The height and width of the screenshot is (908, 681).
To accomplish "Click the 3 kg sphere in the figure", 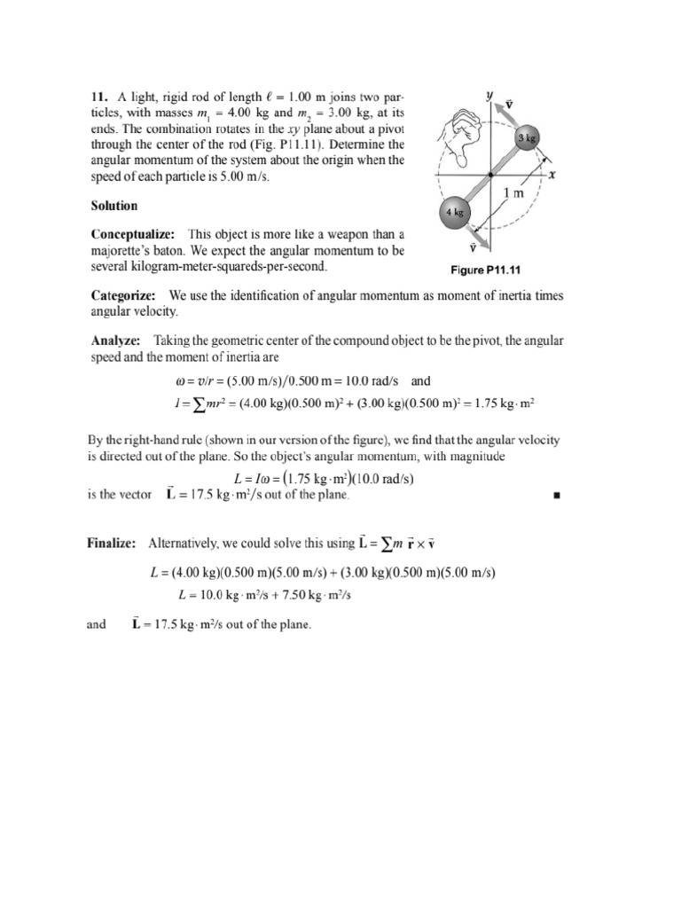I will pos(528,138).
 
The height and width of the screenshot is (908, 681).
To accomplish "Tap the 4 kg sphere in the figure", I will pos(456,213).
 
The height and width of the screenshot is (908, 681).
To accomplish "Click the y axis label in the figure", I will pos(490,92).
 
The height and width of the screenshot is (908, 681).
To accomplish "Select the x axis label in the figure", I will pos(552,176).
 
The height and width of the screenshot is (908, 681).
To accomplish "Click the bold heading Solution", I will pos(114,206).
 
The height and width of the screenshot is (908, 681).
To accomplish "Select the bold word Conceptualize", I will pos(130,235).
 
